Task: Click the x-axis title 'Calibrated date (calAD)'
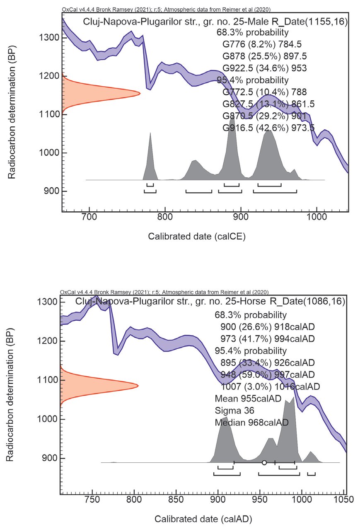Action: (x=203, y=518)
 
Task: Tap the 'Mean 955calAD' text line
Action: (x=248, y=399)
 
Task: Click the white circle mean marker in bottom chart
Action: (x=264, y=462)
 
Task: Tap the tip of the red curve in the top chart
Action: (x=139, y=93)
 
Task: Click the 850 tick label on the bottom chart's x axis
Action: (x=176, y=500)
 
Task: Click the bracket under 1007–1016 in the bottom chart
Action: (x=311, y=474)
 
